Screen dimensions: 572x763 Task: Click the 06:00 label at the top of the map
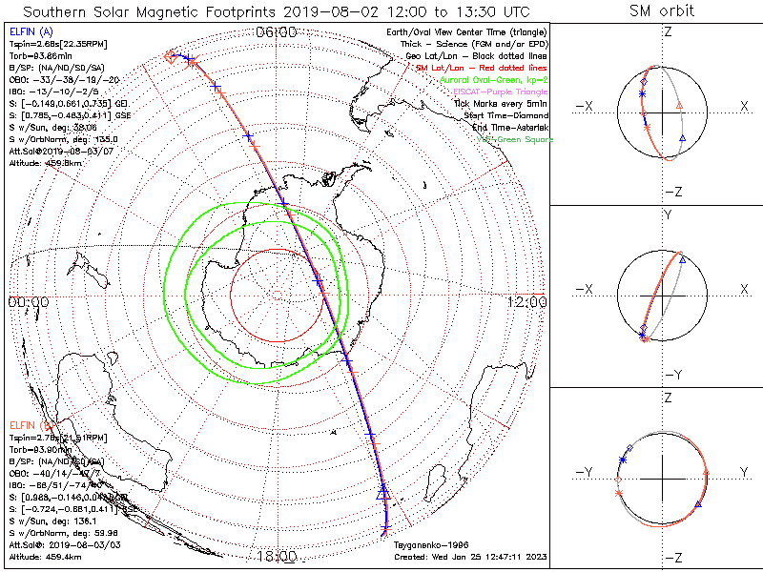pyautogui.click(x=277, y=31)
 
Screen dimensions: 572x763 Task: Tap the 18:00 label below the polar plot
pyautogui.click(x=276, y=555)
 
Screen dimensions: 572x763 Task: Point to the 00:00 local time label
pyautogui.click(x=29, y=301)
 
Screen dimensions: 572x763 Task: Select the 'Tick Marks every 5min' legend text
pyautogui.click(x=504, y=103)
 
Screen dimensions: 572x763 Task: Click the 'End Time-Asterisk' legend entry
pyautogui.click(x=511, y=127)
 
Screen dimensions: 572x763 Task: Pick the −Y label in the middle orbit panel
pyautogui.click(x=673, y=374)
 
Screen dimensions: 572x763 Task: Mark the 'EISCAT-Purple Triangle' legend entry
pyautogui.click(x=502, y=92)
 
